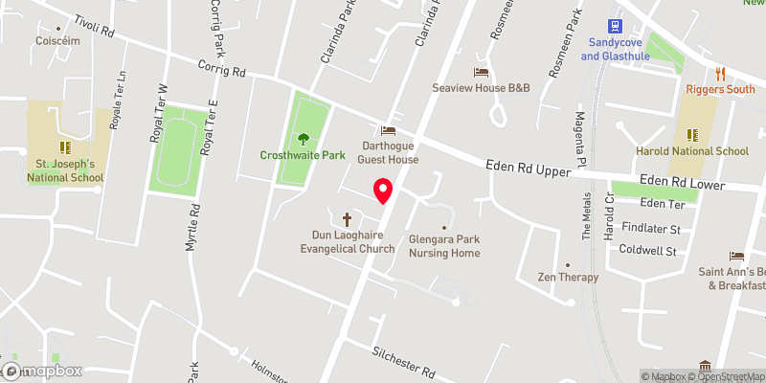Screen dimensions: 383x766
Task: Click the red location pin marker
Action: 382,191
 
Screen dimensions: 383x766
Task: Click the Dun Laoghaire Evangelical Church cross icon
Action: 347,217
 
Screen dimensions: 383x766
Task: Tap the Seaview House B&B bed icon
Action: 482,72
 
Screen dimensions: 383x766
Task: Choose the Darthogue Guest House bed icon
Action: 388,130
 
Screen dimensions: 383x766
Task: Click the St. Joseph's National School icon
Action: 65,147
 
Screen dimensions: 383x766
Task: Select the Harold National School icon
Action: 694,135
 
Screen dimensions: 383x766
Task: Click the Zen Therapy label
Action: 568,277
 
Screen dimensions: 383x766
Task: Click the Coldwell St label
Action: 647,252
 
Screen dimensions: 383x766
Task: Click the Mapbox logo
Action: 42,371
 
